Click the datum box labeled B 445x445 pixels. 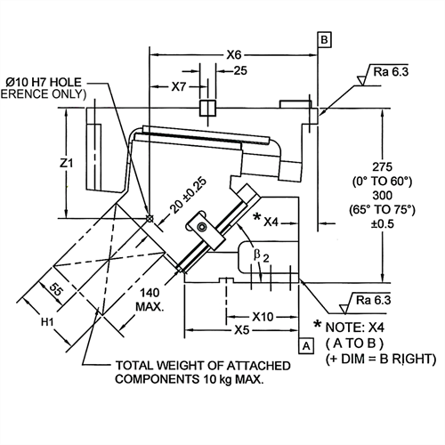point(324,40)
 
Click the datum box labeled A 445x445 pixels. point(306,345)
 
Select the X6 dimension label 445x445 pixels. point(234,55)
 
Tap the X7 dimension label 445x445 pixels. point(179,86)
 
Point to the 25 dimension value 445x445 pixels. point(240,70)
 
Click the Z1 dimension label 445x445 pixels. point(66,163)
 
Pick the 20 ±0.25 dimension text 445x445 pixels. point(189,195)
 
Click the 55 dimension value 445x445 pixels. point(56,289)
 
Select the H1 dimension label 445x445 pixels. point(47,321)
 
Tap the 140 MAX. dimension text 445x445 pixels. point(150,300)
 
